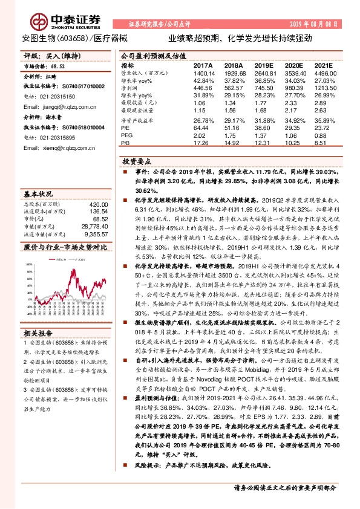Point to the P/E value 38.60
pos(264,128)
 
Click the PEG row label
pos(127,136)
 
